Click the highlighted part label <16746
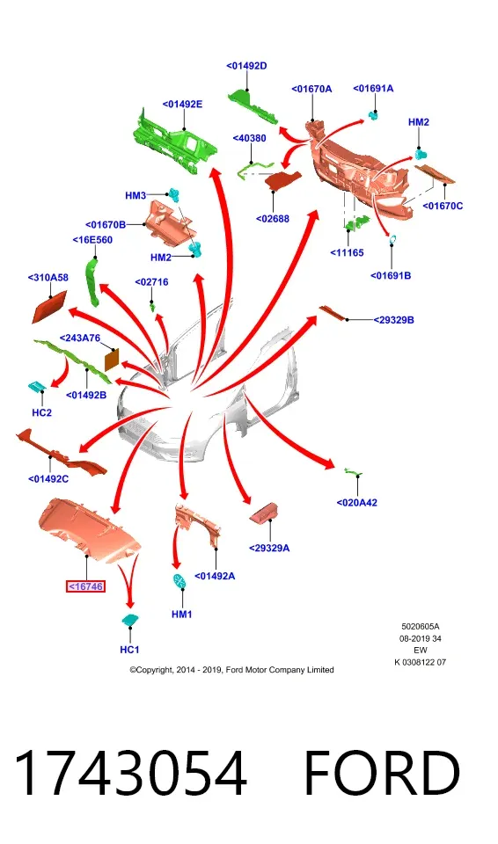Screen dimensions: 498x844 tap(85, 586)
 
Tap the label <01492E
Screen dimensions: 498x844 tap(183, 105)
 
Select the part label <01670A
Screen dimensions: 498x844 tap(311, 89)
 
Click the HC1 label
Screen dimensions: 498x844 tap(129, 650)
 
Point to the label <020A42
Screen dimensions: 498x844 tap(357, 503)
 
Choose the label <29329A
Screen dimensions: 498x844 tap(269, 548)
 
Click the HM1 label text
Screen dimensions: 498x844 tap(181, 615)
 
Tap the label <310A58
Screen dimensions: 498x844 tap(48, 278)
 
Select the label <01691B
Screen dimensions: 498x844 tap(391, 275)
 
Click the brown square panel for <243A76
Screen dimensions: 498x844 tap(111, 360)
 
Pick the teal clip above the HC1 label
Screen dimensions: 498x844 tap(129, 620)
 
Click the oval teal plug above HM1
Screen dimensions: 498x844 tap(179, 581)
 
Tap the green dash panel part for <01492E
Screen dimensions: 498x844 tap(175, 142)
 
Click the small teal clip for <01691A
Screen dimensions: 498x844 tap(372, 114)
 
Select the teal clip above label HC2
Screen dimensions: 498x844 tap(37, 387)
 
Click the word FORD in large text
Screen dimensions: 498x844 tap(382, 773)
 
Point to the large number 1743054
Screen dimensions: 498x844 tap(130, 773)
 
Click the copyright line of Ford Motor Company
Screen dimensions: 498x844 tap(231, 670)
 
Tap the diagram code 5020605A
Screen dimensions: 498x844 tap(421, 627)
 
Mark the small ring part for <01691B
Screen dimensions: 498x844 tap(392, 238)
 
